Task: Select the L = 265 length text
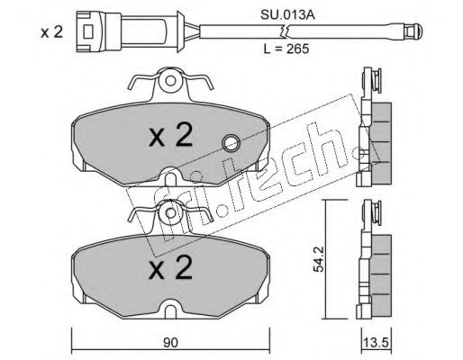(x=301, y=49)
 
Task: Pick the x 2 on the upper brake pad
(x=171, y=137)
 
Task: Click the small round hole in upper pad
(x=231, y=142)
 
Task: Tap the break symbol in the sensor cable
(x=283, y=31)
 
